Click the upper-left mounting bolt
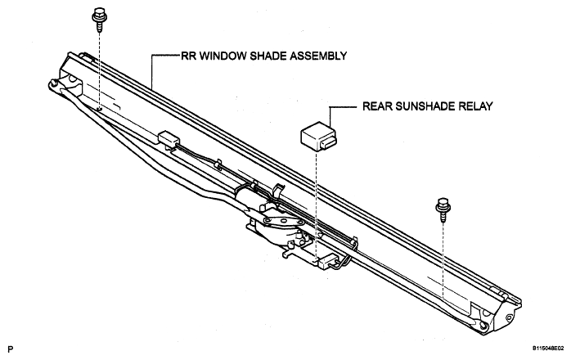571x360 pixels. point(98,20)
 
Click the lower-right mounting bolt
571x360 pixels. point(443,210)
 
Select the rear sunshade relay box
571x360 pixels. point(318,137)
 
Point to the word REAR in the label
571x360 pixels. point(377,106)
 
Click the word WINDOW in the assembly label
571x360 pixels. point(223,56)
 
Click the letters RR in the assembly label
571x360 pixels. point(188,56)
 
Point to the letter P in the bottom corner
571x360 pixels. point(10,349)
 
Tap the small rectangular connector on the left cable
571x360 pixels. point(169,138)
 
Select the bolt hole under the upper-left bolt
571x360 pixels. point(100,108)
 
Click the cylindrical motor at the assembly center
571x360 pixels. point(248,196)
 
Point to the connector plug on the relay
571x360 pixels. point(328,144)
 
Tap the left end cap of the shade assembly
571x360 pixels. point(66,74)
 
